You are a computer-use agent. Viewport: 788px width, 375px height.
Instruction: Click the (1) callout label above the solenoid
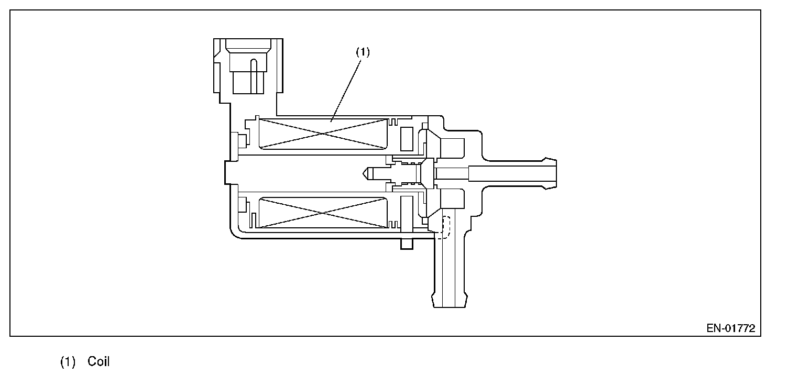coord(363,52)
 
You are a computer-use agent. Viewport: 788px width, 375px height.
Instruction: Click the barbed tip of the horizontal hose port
coord(550,171)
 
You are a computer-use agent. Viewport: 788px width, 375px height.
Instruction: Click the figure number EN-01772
coord(730,328)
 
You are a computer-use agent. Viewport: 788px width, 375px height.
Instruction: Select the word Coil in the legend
coord(98,361)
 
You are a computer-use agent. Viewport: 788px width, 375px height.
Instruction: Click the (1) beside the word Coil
coord(68,361)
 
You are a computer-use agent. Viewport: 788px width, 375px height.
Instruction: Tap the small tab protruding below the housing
coord(407,244)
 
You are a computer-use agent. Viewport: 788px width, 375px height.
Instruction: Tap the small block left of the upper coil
coord(243,140)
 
